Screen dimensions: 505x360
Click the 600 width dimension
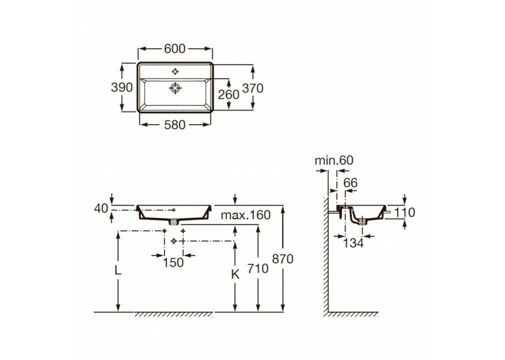[x=174, y=49]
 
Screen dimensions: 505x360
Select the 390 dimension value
[x=121, y=87]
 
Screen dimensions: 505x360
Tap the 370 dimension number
[x=253, y=88]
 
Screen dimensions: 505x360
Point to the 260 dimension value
[x=228, y=94]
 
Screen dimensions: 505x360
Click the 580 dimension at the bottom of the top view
[x=174, y=125]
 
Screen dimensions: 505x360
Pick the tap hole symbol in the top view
[x=175, y=71]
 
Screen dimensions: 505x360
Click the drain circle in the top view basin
[x=175, y=88]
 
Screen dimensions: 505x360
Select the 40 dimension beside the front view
[x=101, y=209]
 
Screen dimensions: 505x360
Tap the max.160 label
[x=246, y=215]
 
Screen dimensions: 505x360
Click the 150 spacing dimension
[x=173, y=263]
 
